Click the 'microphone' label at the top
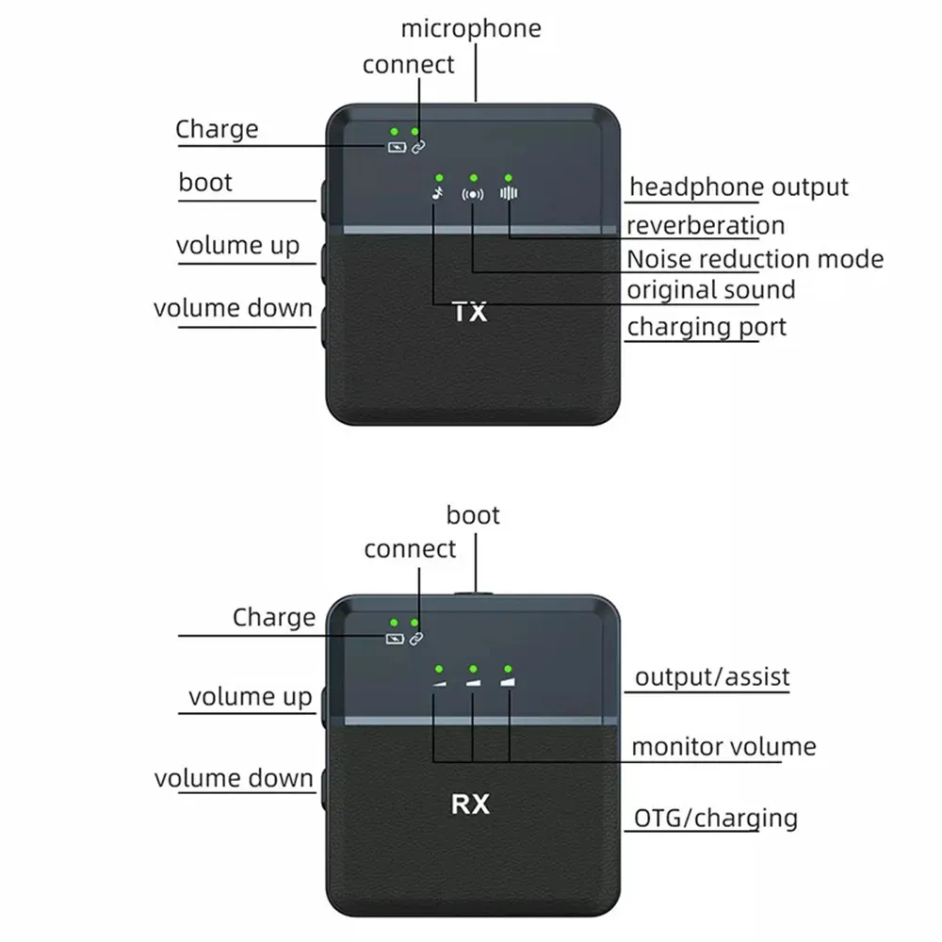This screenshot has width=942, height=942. coord(471,28)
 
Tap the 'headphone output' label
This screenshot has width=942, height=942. coord(739,187)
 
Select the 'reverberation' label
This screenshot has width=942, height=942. coord(705,225)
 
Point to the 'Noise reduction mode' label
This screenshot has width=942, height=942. coord(755,259)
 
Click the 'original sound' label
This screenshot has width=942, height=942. coord(711,289)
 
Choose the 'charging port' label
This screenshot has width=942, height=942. coord(706,327)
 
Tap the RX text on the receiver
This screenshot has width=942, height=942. coord(470,804)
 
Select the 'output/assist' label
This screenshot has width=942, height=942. coord(711,676)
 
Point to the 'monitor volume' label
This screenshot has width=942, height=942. coord(723,747)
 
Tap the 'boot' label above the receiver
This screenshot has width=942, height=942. coord(473,515)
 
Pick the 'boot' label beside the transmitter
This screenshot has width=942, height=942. coord(205,182)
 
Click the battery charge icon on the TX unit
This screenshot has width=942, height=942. coord(395,147)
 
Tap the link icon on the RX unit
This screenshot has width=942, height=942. coord(417,639)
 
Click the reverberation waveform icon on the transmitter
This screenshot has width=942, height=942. coord(509,193)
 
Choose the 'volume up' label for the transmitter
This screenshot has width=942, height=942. coord(237,246)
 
